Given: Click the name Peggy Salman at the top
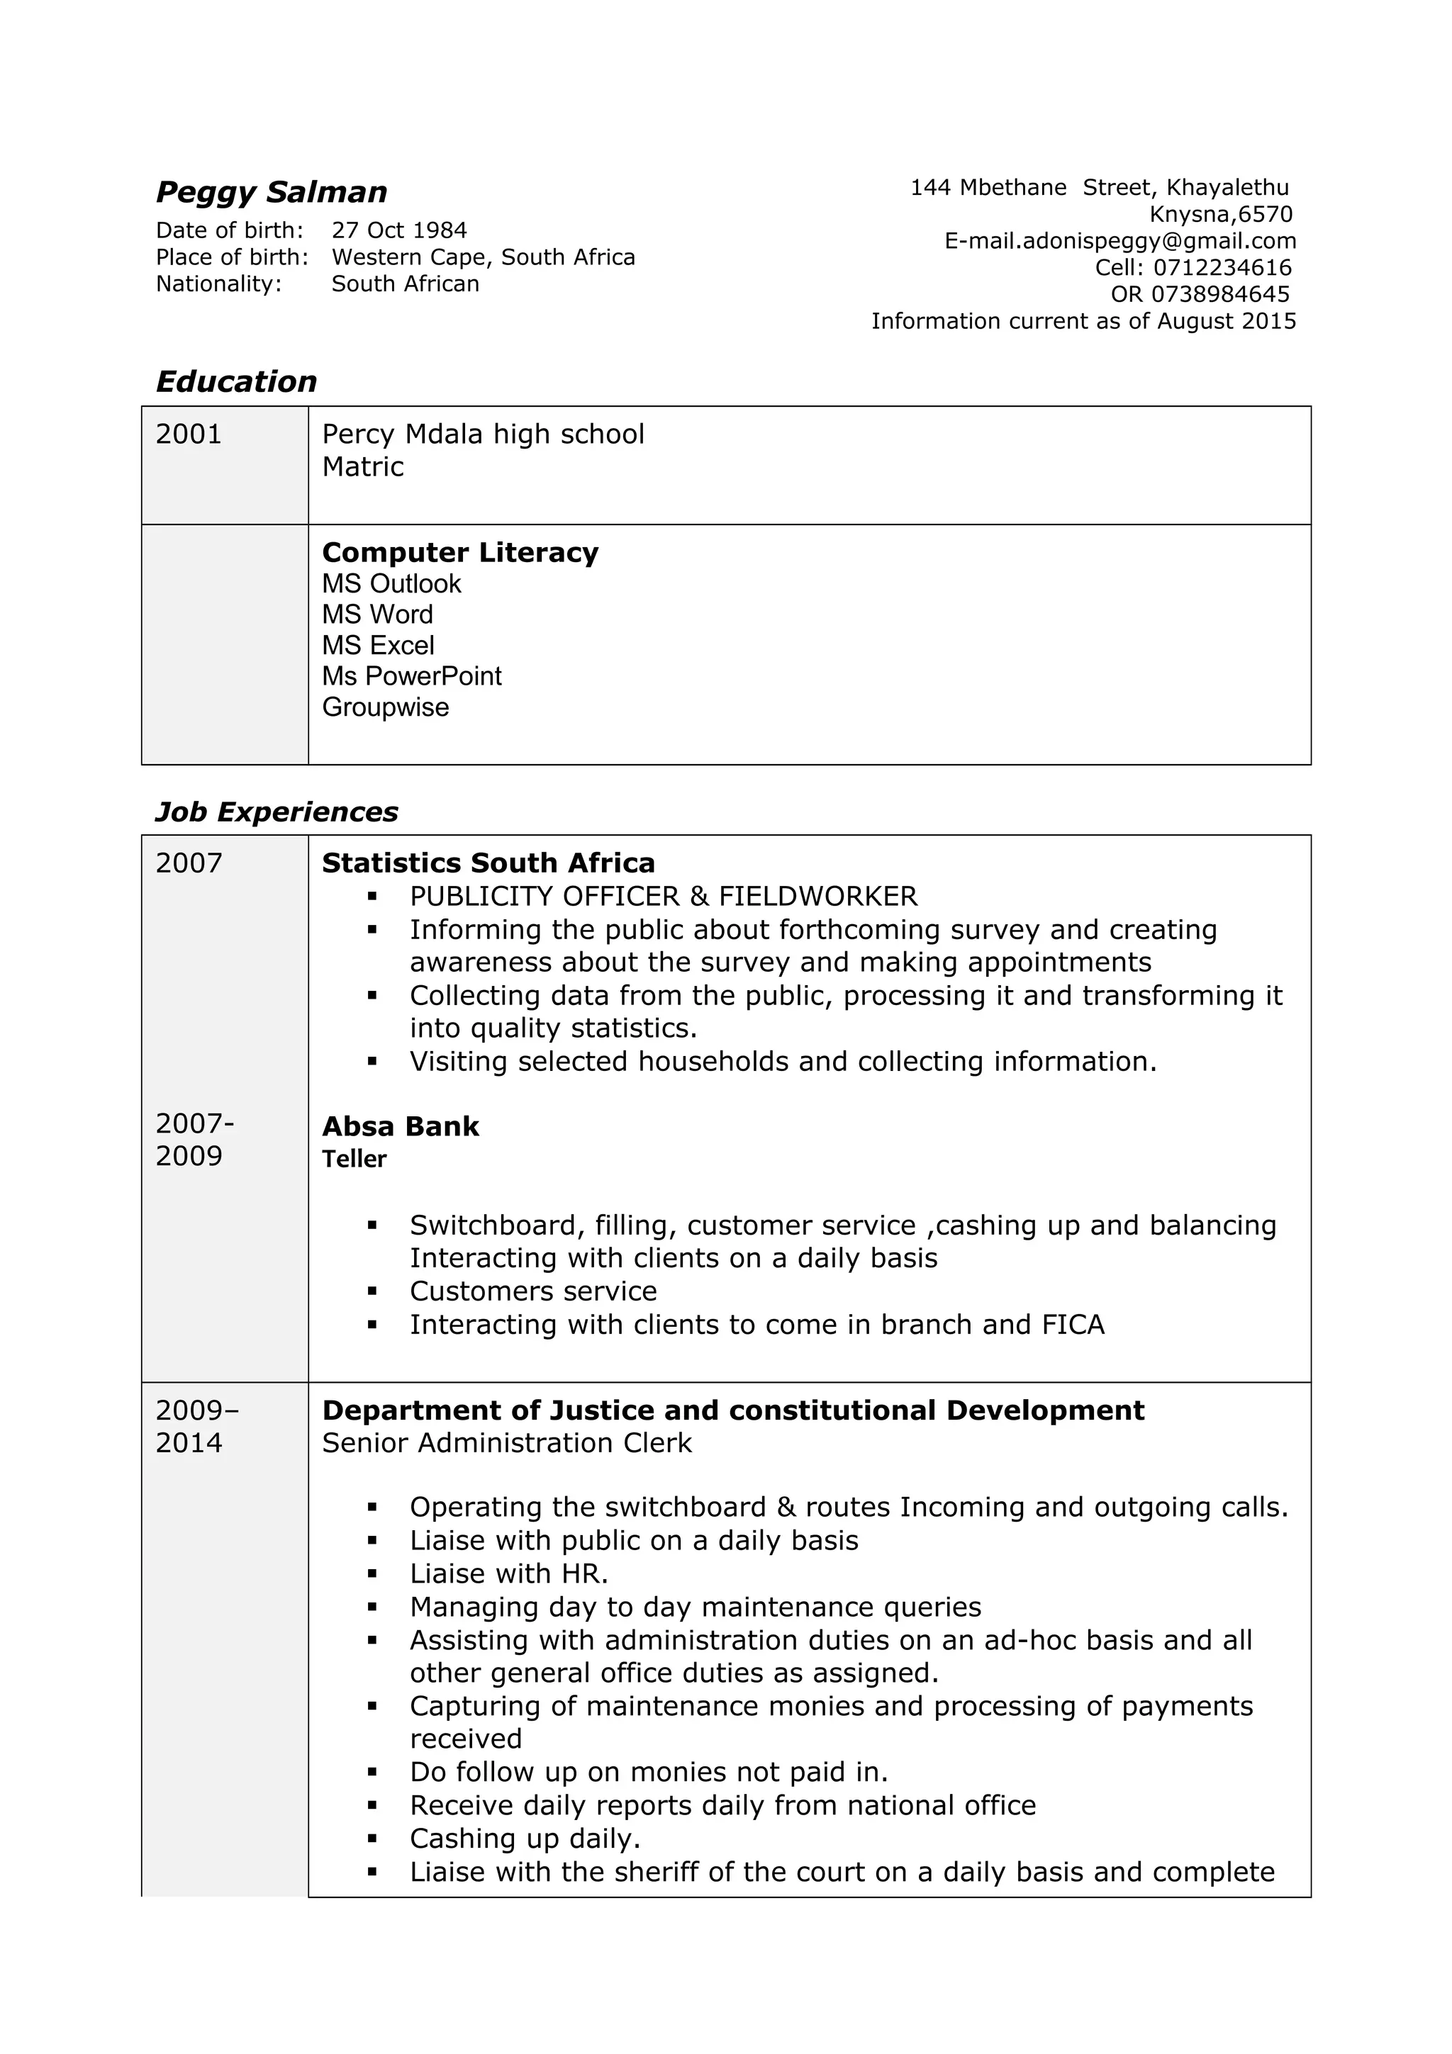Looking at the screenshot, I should [x=271, y=192].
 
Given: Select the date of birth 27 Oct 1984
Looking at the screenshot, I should [x=399, y=231].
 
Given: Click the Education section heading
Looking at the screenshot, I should [x=236, y=382].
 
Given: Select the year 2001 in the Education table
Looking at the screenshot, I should [x=189, y=434].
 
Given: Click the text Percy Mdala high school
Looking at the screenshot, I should [x=482, y=434].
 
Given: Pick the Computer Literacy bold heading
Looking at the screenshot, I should [x=460, y=553].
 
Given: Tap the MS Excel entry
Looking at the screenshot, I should [x=378, y=646].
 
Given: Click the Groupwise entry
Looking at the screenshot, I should [x=385, y=707].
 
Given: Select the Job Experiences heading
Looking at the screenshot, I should [x=277, y=812].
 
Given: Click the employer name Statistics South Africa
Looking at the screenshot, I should [x=488, y=863].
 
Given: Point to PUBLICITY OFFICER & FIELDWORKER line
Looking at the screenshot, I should [x=663, y=897].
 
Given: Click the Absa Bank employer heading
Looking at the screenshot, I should [x=400, y=1126].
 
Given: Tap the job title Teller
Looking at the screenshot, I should [x=354, y=1160].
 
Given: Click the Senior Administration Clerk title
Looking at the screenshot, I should [x=506, y=1443].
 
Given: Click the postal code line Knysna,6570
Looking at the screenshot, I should [x=1220, y=215].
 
